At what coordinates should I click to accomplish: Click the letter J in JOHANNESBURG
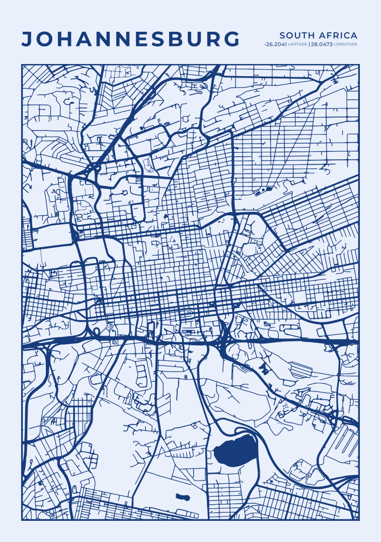coord(27,39)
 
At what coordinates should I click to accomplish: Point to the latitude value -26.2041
coord(275,44)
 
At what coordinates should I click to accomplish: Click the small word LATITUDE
coord(297,44)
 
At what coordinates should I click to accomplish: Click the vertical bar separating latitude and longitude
coord(309,44)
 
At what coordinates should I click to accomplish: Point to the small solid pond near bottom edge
coord(183,497)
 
